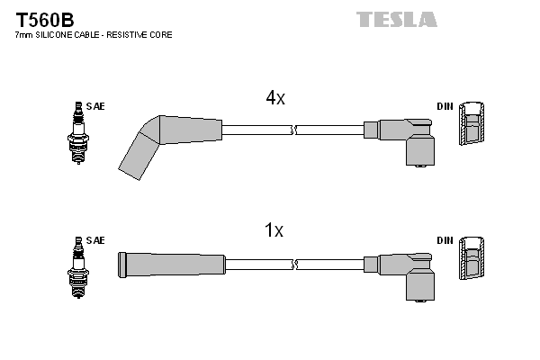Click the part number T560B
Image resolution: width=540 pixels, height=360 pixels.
(41, 18)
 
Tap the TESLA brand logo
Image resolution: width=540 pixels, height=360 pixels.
(396, 19)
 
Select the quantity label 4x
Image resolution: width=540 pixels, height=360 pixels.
(274, 99)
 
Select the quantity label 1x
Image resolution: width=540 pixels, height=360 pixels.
(274, 231)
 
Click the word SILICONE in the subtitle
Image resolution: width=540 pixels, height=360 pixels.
(55, 35)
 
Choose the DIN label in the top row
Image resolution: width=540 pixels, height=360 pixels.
(445, 106)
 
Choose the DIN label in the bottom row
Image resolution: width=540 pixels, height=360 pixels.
(445, 240)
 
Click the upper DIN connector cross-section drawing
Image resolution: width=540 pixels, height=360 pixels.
(472, 126)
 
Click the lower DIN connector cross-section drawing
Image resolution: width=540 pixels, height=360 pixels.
(472, 261)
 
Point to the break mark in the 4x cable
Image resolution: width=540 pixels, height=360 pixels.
(293, 130)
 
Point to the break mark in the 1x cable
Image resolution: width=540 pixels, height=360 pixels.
(293, 264)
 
